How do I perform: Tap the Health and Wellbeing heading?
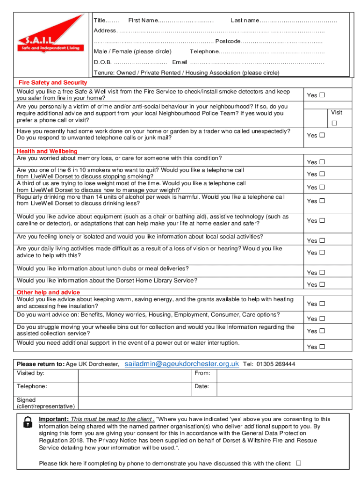coord(47,151)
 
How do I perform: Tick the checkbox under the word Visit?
coord(334,123)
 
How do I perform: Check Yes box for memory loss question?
coord(322,162)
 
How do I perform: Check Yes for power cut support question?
coord(322,347)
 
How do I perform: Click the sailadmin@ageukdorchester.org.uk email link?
coord(182,364)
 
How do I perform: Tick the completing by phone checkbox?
coord(299,463)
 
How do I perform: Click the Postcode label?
coord(228,41)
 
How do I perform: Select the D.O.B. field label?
coord(102,62)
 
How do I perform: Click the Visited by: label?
coord(31,373)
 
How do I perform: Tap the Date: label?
coord(202,387)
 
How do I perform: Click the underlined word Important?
coord(54,419)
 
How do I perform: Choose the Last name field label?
coord(245,21)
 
